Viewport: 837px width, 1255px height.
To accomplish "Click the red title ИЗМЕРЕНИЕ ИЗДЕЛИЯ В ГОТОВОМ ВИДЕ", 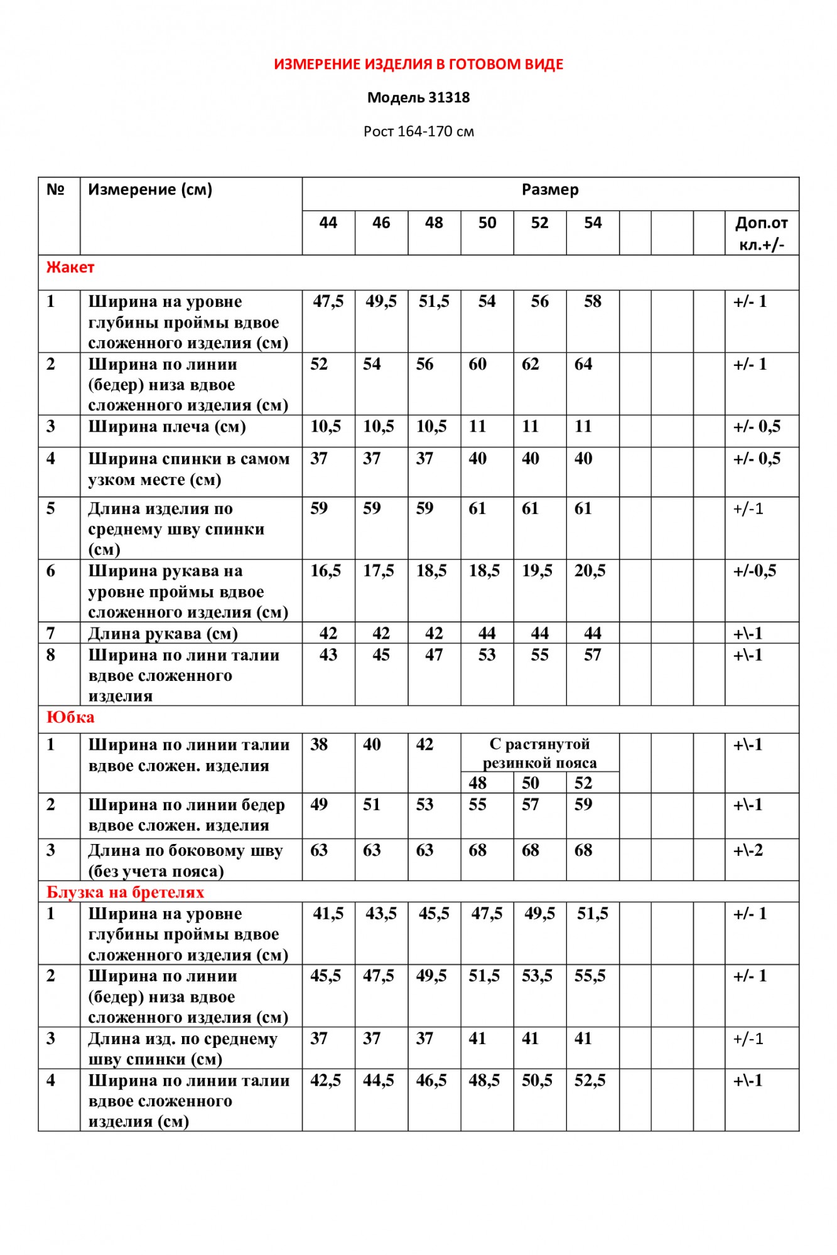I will [418, 64].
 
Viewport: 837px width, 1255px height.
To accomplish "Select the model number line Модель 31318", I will [418, 97].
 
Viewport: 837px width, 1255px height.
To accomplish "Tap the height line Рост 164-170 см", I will [418, 131].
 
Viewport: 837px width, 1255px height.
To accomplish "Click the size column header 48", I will [434, 223].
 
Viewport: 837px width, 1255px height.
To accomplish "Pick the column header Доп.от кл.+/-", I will [761, 233].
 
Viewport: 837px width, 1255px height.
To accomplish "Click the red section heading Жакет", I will [70, 267].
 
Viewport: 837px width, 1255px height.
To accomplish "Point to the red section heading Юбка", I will [70, 717].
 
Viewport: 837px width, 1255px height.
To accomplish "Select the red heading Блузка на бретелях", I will [125, 892].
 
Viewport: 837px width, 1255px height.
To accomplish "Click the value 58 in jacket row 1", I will [592, 301].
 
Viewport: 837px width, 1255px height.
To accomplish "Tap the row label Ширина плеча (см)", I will [167, 427].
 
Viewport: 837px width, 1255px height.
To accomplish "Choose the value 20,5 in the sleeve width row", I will [590, 570].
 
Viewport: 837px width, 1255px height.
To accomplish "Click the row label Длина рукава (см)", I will [163, 633].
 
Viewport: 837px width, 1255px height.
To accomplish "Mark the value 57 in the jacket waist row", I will [592, 654].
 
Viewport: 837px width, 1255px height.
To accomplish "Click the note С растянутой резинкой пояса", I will [539, 753].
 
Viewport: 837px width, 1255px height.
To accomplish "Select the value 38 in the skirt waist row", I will [319, 745].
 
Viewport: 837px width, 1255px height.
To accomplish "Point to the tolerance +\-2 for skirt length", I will [748, 850].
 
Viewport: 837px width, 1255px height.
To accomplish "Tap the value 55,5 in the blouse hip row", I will [590, 976].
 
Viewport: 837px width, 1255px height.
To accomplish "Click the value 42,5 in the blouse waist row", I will [325, 1081].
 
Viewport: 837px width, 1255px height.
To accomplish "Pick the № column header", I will [56, 190].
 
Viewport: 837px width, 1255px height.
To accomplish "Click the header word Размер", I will [550, 190].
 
